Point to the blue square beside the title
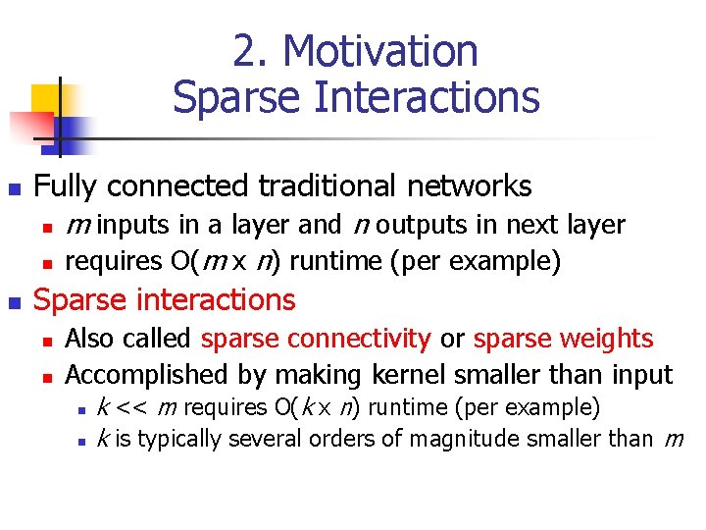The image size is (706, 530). (x=72, y=129)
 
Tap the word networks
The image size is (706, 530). (x=470, y=185)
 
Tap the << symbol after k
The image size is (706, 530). (x=129, y=407)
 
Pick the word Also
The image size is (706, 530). (x=88, y=340)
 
